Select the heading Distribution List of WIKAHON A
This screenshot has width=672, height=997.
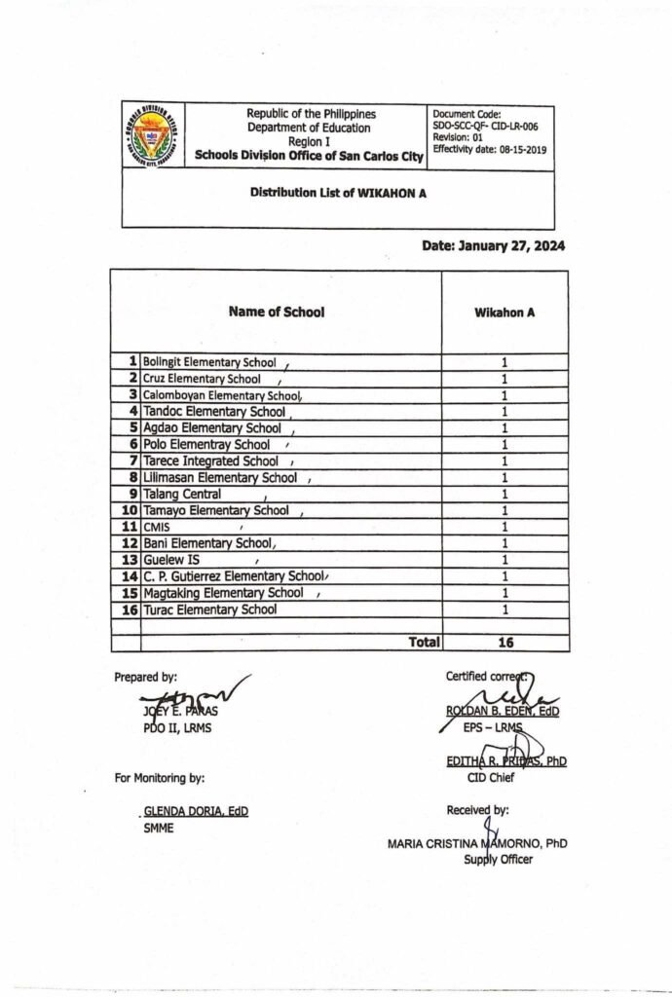click(x=338, y=193)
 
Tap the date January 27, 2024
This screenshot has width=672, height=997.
click(x=494, y=246)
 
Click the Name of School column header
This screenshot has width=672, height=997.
click(x=277, y=313)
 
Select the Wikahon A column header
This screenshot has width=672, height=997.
click(x=504, y=314)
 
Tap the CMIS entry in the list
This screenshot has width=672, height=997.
click(x=156, y=527)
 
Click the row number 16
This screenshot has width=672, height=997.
click(x=130, y=609)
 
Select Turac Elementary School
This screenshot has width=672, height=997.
click(x=209, y=609)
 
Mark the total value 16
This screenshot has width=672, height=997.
click(x=504, y=643)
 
